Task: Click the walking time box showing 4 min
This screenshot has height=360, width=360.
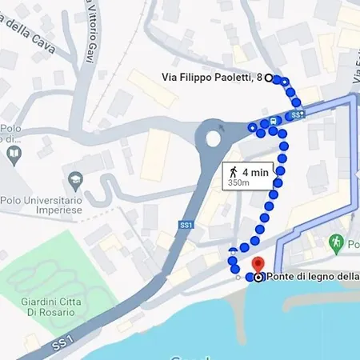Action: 247,175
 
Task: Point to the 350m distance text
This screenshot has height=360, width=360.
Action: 238,183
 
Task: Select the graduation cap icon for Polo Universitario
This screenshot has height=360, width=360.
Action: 77,178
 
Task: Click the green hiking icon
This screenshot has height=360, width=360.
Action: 337,241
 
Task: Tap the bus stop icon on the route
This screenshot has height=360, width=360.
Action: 274,122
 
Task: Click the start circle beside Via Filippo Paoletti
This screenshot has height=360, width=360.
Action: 269,78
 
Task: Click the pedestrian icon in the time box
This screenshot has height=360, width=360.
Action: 233,171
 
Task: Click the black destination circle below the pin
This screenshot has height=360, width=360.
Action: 258,278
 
